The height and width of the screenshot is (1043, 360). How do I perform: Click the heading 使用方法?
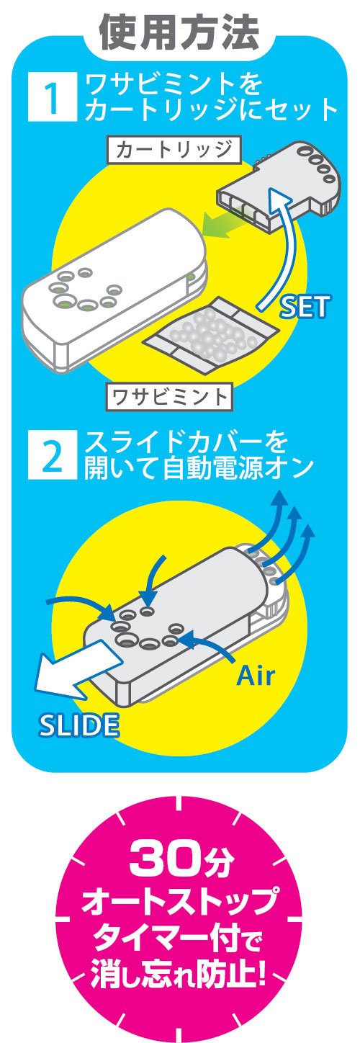pos(180,32)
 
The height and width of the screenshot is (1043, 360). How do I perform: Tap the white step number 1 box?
pos(52,97)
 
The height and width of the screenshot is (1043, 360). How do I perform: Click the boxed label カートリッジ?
pos(174,150)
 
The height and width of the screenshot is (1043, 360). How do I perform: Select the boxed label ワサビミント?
pos(169,397)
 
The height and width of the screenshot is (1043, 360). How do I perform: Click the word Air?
pos(256,674)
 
